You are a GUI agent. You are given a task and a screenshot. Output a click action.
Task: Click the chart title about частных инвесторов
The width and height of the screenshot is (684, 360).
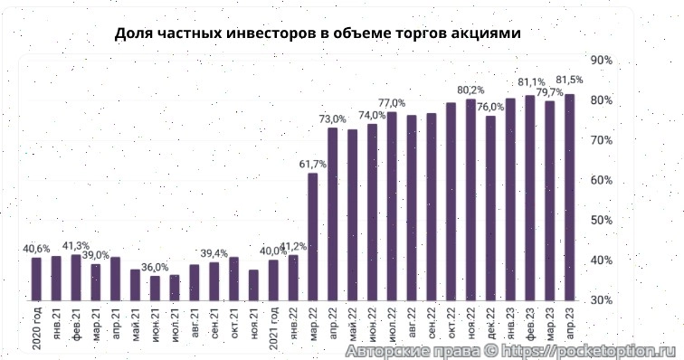318,33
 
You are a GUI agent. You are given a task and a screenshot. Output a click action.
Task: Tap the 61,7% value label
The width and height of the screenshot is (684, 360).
312,164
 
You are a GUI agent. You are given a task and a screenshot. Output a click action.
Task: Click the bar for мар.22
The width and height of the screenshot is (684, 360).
312,236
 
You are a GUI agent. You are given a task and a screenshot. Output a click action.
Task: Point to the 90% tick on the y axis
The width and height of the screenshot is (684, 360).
601,60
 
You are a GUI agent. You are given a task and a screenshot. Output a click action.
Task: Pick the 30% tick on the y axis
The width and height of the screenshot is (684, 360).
601,299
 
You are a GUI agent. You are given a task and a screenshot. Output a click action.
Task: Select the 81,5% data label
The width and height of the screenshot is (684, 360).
569,80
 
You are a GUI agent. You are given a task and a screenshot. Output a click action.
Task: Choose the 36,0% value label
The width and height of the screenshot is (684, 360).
155,267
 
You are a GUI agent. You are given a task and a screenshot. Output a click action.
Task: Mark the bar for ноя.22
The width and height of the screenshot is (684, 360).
470,199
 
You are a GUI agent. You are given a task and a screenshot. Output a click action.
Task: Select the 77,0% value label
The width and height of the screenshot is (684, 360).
391,102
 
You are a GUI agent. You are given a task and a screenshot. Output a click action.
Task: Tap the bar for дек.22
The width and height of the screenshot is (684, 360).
490,208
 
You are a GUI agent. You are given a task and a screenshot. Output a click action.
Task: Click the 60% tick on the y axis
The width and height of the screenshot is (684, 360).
601,180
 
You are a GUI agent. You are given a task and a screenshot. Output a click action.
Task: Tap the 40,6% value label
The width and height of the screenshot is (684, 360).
36,249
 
